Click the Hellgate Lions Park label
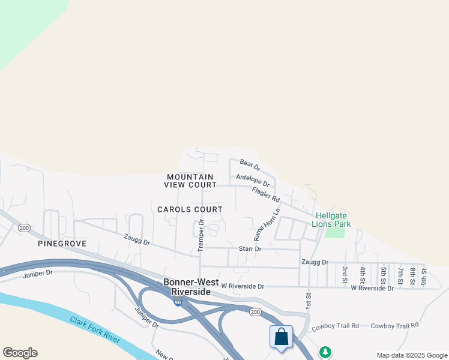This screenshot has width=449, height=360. (331, 220)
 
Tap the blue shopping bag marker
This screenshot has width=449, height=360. (281, 337)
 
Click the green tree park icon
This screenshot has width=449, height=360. (325, 352)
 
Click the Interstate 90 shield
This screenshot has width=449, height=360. (178, 303)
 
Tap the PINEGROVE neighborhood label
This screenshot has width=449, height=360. (62, 244)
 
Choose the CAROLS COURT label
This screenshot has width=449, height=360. (190, 209)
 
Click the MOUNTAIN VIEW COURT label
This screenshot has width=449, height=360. (190, 181)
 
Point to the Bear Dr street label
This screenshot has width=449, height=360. (249, 163)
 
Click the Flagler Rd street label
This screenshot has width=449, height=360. (266, 194)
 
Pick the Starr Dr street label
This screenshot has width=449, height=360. (250, 248)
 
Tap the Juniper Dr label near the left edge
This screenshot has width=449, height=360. (38, 273)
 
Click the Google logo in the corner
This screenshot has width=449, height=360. (20, 353)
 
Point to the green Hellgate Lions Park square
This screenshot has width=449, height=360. (335, 232)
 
